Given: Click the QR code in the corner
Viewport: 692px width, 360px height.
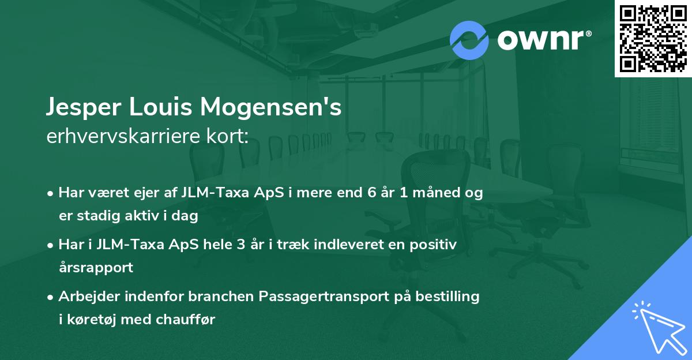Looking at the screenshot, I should (653, 38).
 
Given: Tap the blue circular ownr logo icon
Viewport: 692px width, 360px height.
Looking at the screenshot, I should (469, 40).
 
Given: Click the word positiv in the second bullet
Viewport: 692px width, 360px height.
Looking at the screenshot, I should (434, 245).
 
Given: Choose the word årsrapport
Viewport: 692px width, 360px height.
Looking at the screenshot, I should (96, 268).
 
